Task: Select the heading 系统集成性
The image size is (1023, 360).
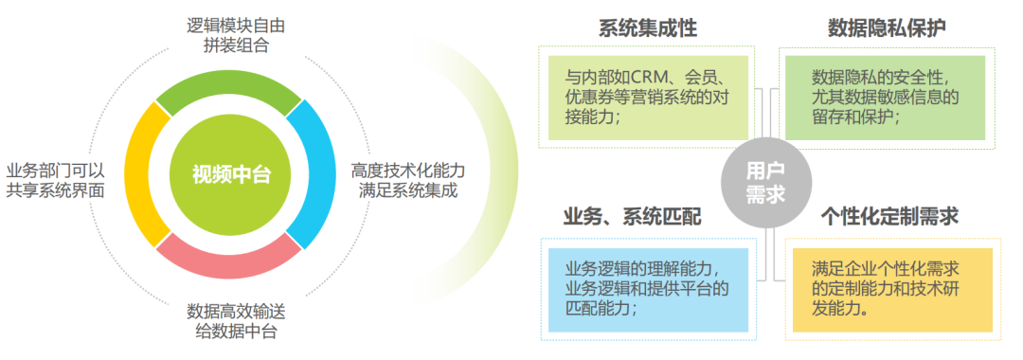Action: pos(647,28)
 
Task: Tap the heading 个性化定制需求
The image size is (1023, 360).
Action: pos(889,217)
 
